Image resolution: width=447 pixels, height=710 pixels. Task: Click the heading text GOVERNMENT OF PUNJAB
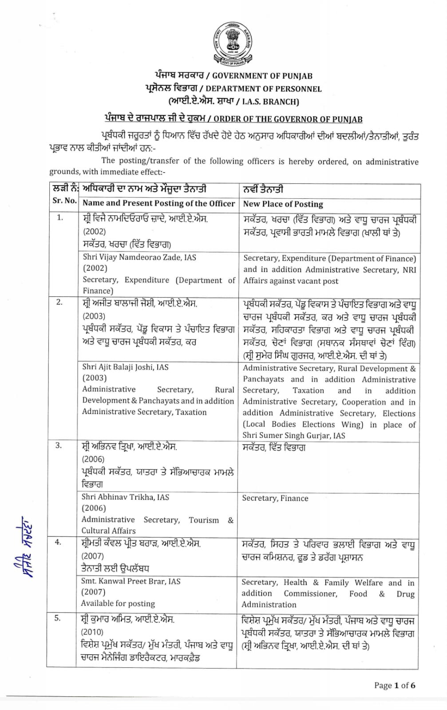pos(262,76)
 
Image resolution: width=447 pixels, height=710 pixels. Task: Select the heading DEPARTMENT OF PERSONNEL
pos(263,89)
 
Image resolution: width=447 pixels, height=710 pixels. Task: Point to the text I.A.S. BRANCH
pos(270,102)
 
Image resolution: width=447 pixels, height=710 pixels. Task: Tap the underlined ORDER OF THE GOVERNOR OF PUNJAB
pos(288,119)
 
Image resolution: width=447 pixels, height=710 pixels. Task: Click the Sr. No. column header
pos(64,201)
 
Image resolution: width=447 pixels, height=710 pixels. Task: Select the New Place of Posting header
pos(283,204)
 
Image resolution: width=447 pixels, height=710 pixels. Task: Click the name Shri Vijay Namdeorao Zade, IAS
pos(139,257)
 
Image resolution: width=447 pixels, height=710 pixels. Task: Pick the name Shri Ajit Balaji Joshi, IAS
pos(125,367)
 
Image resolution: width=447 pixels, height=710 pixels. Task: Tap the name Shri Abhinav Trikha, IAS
pos(125,497)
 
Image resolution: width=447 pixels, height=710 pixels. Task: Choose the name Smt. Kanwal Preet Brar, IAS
pos(131,581)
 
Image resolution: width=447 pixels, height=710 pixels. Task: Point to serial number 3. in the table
pos(58,446)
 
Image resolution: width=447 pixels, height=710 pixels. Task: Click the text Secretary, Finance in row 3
pos(275,498)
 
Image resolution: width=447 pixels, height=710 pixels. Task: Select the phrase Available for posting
pos(118,603)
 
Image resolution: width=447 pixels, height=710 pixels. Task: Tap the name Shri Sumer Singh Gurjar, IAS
pos(293,436)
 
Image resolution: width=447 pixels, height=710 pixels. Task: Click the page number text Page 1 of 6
pos(395,686)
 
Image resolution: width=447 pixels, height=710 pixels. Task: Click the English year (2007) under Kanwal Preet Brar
pos(93,592)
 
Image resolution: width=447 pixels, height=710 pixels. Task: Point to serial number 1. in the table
pos(60,217)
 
